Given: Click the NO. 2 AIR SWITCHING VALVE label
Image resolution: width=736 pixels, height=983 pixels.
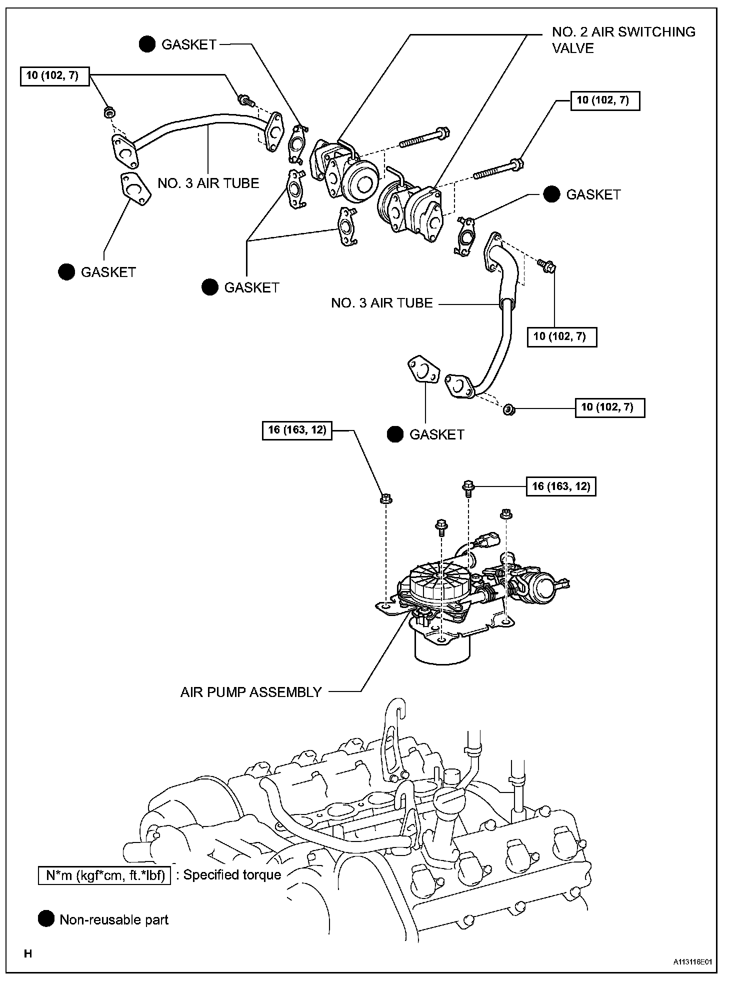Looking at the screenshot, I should [x=623, y=40].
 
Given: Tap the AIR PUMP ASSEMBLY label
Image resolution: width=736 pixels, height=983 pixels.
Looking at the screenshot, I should [x=250, y=692].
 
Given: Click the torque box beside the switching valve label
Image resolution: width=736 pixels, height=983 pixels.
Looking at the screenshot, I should [x=605, y=100].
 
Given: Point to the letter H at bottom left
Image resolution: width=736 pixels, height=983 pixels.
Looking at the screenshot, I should [x=28, y=954].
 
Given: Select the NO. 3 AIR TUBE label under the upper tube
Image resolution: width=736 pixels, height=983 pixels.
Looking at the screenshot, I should [x=208, y=183].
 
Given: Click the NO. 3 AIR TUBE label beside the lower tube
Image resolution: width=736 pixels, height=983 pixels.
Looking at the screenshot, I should [x=381, y=303].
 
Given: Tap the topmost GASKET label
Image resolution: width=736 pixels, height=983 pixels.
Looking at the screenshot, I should [x=189, y=44].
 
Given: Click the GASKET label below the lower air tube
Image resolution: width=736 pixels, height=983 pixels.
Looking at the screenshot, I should [x=437, y=434].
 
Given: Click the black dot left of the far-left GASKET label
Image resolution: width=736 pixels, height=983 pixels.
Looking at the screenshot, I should [x=66, y=272].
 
